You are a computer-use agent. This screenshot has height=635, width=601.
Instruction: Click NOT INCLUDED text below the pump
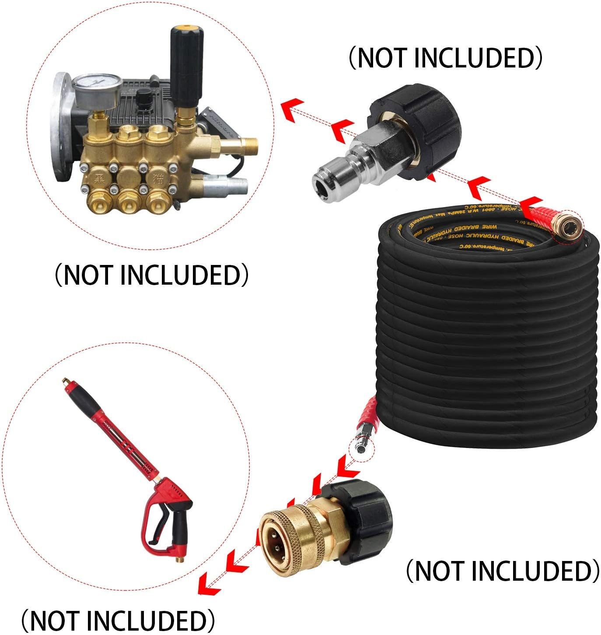(x=151, y=275)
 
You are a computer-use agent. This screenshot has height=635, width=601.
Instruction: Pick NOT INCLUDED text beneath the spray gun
(x=118, y=620)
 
